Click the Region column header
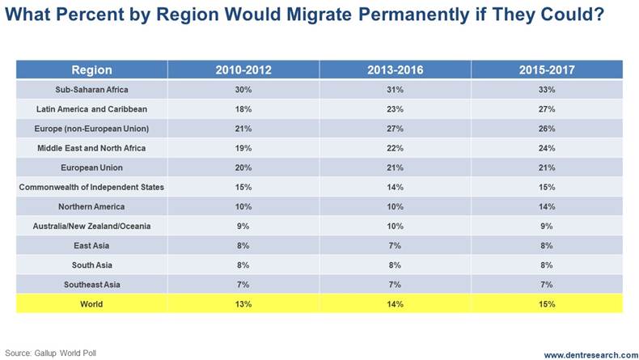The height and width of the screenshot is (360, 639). point(91,70)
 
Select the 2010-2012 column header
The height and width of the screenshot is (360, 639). point(243,70)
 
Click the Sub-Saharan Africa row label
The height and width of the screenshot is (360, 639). point(91,89)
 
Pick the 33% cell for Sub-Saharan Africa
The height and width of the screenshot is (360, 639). point(547,89)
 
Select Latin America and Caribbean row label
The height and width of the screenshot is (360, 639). point(91,108)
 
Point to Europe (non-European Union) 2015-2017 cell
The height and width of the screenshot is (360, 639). point(547,128)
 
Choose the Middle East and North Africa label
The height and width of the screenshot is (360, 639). point(91,148)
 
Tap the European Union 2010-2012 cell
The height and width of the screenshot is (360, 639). point(243,167)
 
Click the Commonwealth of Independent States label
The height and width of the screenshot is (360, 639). point(91,187)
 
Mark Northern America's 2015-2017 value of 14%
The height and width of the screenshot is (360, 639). point(547,207)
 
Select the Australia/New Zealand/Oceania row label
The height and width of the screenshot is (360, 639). point(91,227)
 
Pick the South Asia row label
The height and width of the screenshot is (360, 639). point(91,265)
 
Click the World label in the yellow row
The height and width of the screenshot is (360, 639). point(91,305)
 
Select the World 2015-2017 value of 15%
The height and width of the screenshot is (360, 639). point(547,305)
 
